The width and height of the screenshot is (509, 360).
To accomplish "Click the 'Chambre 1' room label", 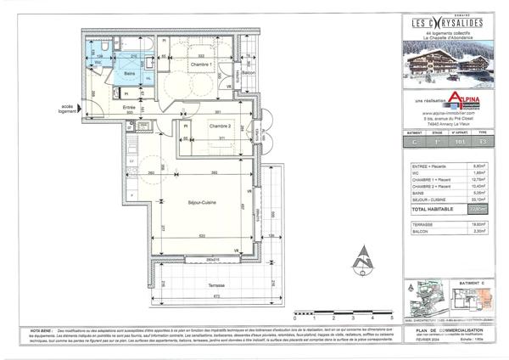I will (x=199, y=65).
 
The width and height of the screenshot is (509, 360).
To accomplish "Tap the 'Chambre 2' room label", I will (x=201, y=125).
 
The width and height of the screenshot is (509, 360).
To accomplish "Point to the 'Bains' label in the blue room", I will (x=131, y=75).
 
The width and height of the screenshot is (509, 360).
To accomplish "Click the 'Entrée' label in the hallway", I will (x=130, y=107).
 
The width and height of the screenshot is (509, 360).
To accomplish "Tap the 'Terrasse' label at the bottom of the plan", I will (x=197, y=287).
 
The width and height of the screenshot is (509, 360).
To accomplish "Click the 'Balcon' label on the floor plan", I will (x=249, y=75).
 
